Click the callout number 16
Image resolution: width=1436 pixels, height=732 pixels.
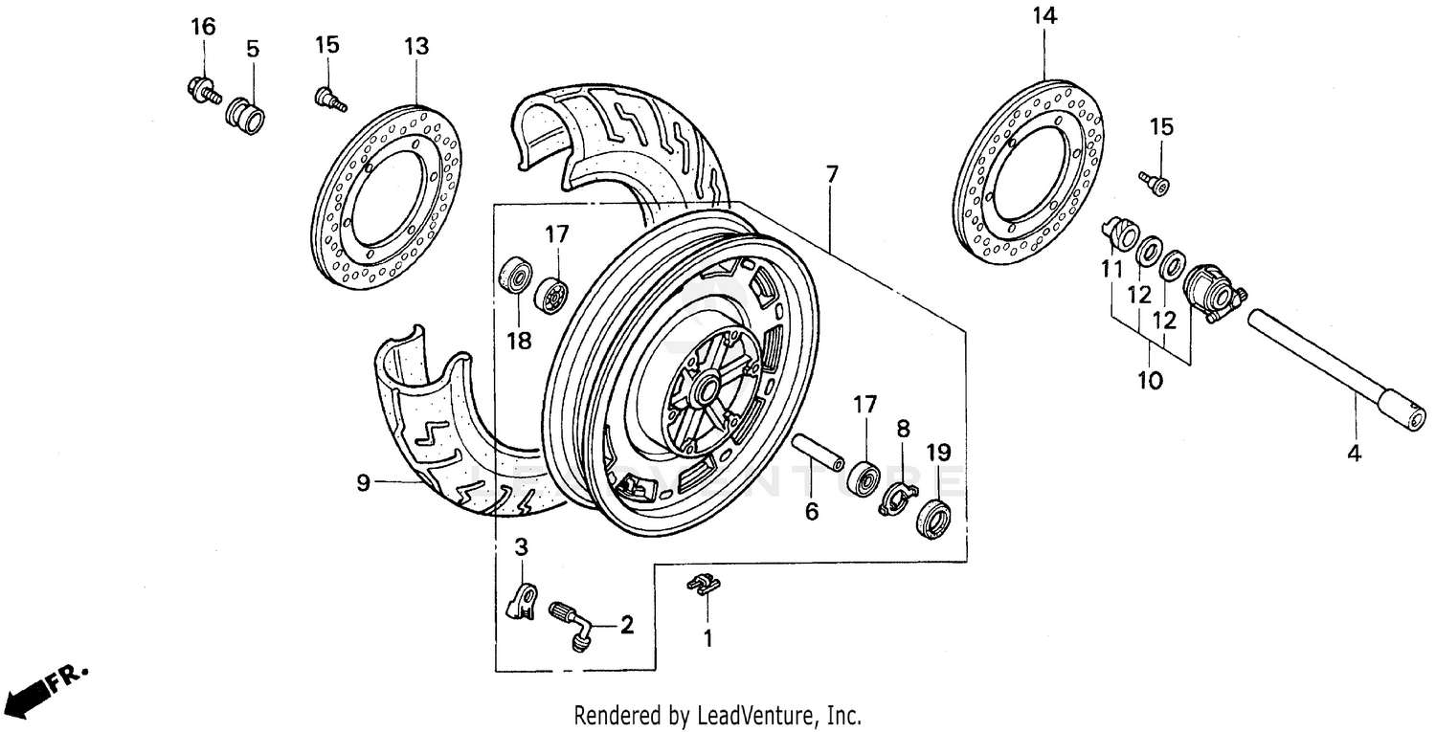(203, 26)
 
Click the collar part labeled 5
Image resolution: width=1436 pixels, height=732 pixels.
(245, 118)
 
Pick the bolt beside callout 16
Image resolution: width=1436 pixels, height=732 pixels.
(202, 91)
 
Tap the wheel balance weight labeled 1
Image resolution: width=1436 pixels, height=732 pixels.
(704, 585)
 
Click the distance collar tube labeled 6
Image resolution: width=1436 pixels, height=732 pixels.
(818, 453)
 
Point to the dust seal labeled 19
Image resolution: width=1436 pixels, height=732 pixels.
(933, 519)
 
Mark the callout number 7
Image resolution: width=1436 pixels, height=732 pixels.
(831, 174)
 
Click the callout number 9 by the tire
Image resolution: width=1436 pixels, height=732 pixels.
(363, 483)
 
